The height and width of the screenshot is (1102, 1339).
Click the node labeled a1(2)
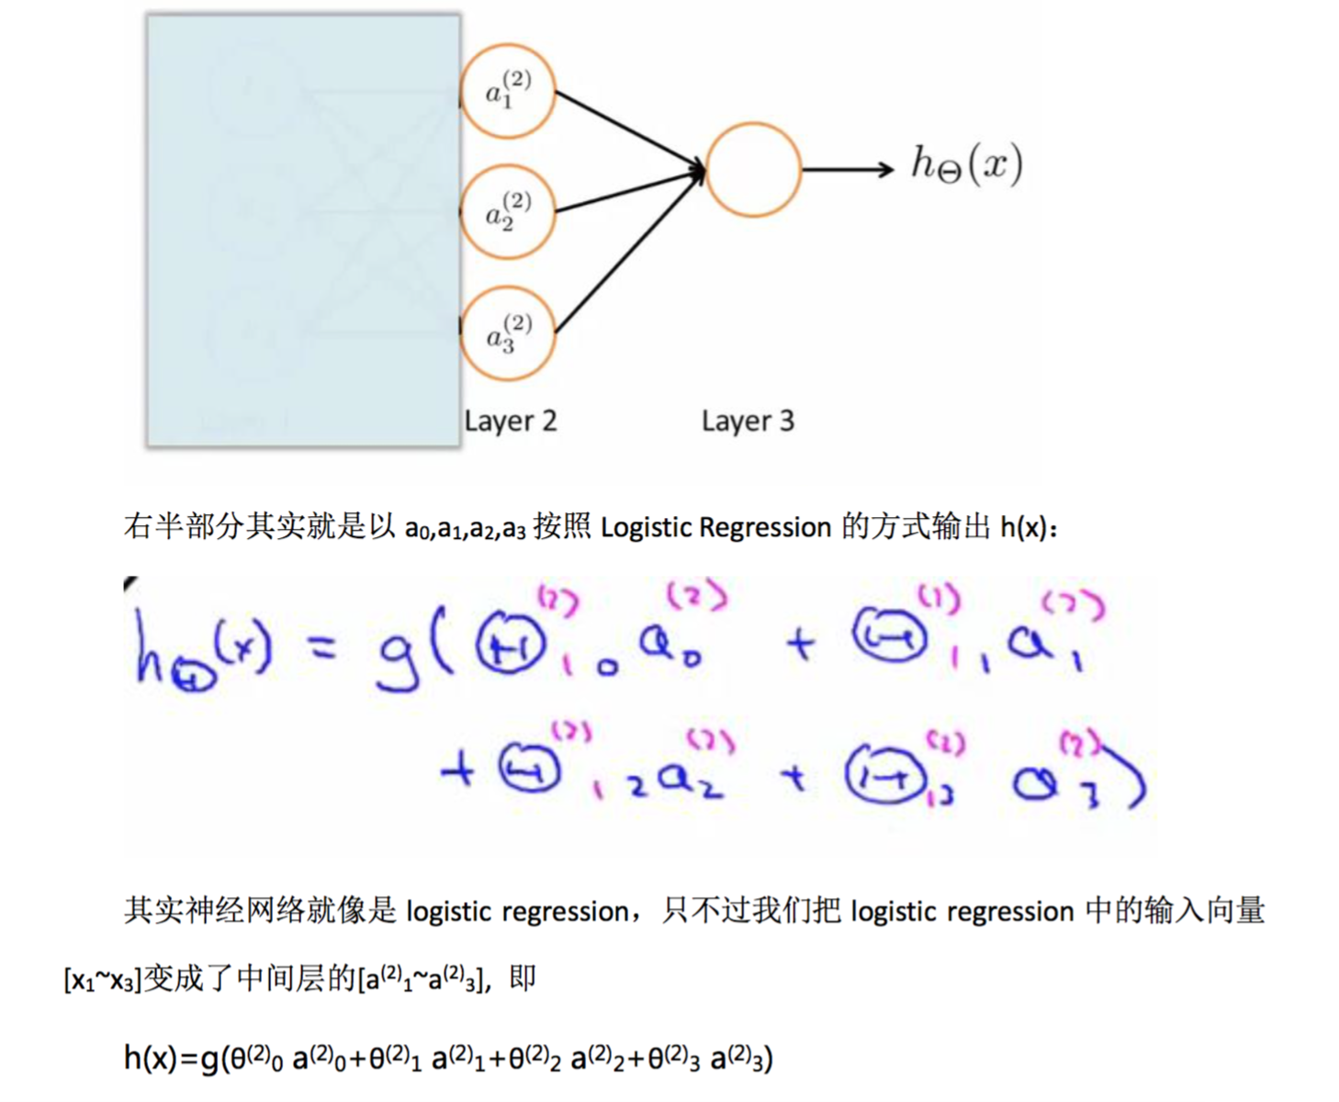pyautogui.click(x=508, y=91)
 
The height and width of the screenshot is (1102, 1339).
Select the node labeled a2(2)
pyautogui.click(x=508, y=212)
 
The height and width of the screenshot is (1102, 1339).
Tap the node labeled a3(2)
pyautogui.click(x=508, y=334)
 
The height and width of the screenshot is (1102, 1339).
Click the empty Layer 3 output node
pyautogui.click(x=753, y=170)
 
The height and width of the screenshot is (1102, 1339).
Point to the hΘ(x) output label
pyautogui.click(x=966, y=165)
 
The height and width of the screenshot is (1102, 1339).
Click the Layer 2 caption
pyautogui.click(x=511, y=421)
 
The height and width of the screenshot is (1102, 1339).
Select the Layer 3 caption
pyautogui.click(x=748, y=421)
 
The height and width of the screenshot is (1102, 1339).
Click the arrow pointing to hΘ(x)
pyautogui.click(x=847, y=169)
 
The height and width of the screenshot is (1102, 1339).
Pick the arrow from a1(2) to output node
pyautogui.click(x=629, y=129)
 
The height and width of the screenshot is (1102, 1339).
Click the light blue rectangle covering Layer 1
pyautogui.click(x=303, y=230)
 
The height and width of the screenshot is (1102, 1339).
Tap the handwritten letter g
pyautogui.click(x=399, y=654)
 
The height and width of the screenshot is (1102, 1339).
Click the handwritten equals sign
pyautogui.click(x=321, y=649)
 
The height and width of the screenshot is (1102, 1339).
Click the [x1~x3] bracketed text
pyautogui.click(x=102, y=980)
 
